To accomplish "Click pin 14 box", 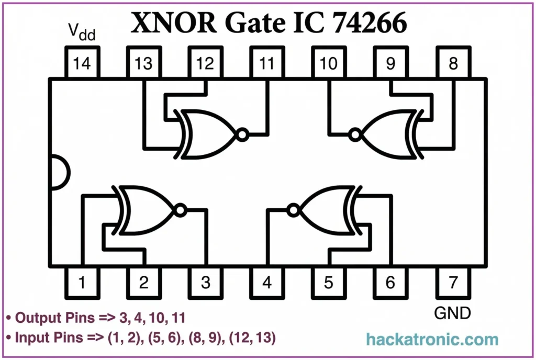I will pyautogui.click(x=82, y=63).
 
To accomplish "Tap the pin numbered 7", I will pyautogui.click(x=453, y=283).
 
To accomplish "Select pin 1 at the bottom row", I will pyautogui.click(x=82, y=283).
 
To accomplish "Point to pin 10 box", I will pyautogui.click(x=329, y=63).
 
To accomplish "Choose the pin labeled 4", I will pyautogui.click(x=267, y=283).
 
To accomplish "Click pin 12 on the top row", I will pyautogui.click(x=205, y=63).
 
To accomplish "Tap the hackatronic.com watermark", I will pyautogui.click(x=432, y=340).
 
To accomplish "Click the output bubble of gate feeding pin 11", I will pyautogui.click(x=241, y=135).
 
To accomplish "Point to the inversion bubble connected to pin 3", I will pyautogui.click(x=180, y=210).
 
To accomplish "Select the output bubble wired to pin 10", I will pyautogui.click(x=355, y=135).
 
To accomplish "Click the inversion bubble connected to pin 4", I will pyautogui.click(x=293, y=210).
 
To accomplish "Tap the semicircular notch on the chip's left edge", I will pyautogui.click(x=59, y=173).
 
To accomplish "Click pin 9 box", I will pyautogui.click(x=390, y=63).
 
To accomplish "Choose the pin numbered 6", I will pyautogui.click(x=390, y=283).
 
